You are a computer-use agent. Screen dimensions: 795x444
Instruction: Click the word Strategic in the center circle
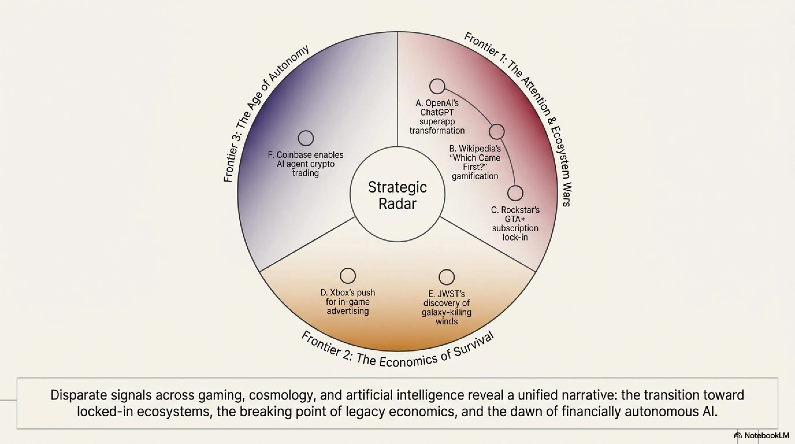click(397, 187)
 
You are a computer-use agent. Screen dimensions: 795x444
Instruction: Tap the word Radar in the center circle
click(397, 204)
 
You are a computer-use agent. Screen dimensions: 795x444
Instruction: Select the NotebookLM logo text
click(766, 435)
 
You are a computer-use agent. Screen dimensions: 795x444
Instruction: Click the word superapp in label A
click(437, 121)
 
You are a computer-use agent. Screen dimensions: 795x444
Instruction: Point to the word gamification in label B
click(475, 176)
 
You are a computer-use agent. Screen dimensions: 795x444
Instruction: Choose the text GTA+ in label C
click(515, 219)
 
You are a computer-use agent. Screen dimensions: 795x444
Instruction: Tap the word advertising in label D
click(348, 311)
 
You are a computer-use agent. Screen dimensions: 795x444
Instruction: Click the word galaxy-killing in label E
click(447, 312)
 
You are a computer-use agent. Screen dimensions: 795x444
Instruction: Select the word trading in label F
click(306, 173)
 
